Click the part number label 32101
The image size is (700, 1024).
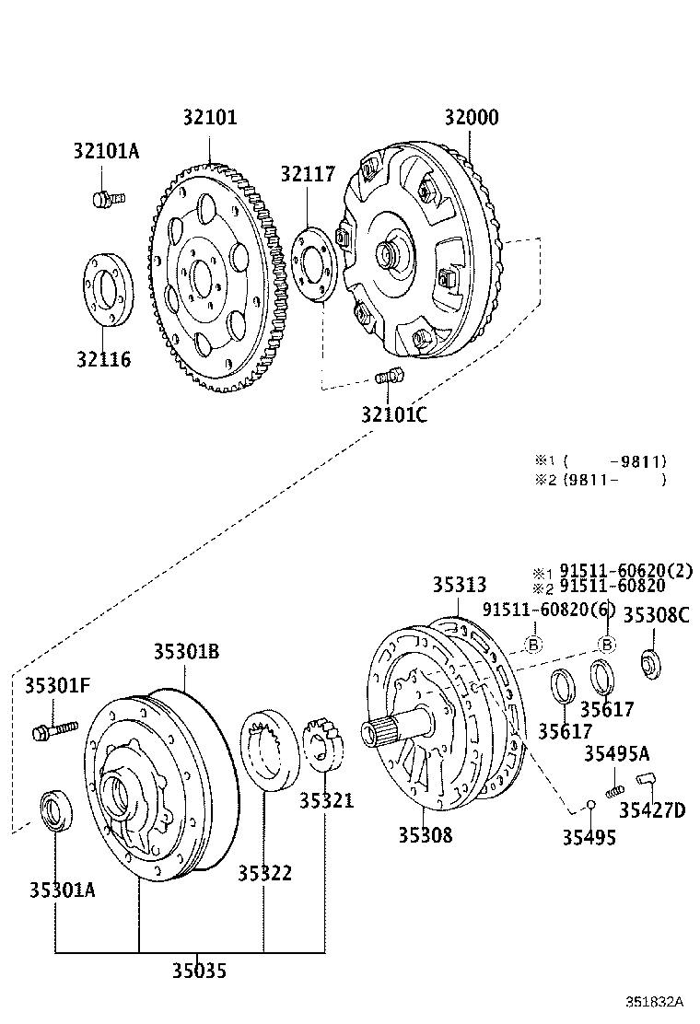pos(209,118)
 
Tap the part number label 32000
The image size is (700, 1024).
pos(471,118)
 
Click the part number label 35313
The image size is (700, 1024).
pos(460,586)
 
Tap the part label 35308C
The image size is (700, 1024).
pos(656,614)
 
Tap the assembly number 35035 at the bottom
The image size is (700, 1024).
pos(199,970)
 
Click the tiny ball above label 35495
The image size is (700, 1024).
pos(591,806)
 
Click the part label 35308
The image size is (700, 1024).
pos(425,835)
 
